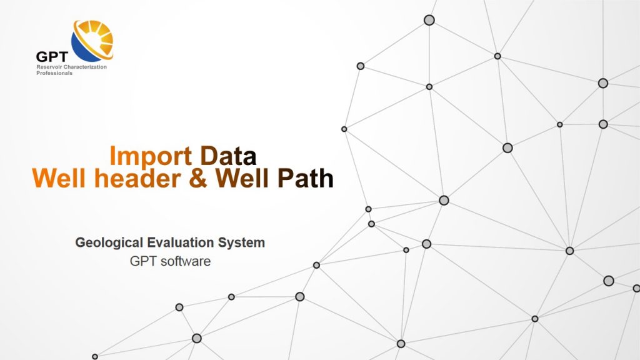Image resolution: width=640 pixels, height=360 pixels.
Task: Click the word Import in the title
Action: pyautogui.click(x=151, y=156)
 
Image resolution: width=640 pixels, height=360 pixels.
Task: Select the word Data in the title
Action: pyautogui.click(x=228, y=156)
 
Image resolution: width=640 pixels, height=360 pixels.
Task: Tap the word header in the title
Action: pyautogui.click(x=137, y=178)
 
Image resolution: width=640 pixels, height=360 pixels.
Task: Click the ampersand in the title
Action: pyautogui.click(x=198, y=178)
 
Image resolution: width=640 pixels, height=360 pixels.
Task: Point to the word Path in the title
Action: pyautogui.click(x=305, y=178)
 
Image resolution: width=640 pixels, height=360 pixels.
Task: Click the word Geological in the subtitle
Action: pyautogui.click(x=109, y=243)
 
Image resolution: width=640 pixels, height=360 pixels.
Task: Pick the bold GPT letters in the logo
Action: pyautogui.click(x=51, y=57)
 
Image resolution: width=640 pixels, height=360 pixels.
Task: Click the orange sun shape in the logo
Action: pyautogui.click(x=97, y=37)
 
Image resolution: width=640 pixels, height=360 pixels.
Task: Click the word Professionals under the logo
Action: pyautogui.click(x=54, y=73)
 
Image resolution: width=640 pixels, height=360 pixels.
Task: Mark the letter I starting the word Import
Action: pyautogui.click(x=112, y=156)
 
